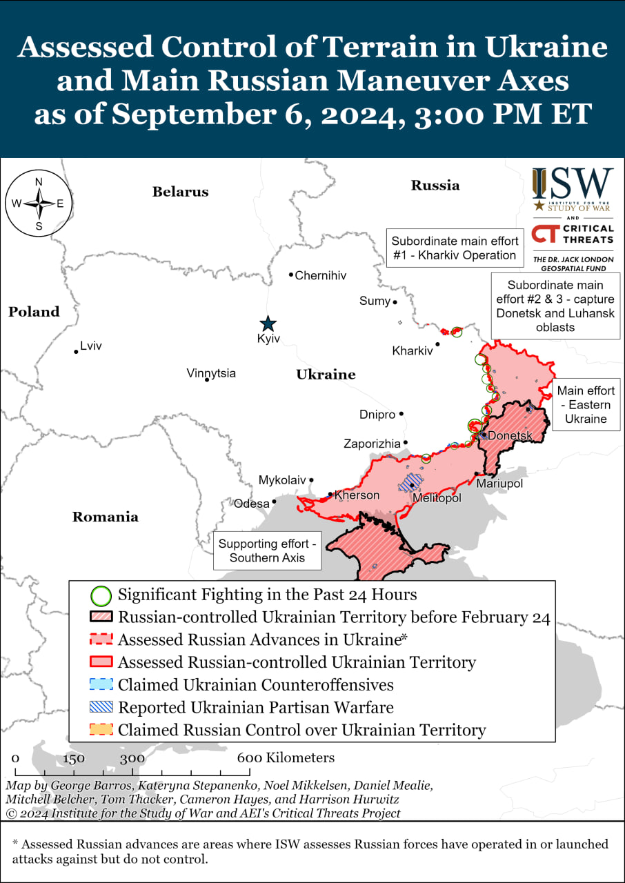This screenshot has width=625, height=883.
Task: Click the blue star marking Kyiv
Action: point(267,324)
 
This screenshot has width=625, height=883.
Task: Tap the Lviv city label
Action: point(91,346)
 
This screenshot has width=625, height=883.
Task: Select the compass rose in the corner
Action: point(39,204)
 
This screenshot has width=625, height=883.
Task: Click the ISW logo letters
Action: point(573,183)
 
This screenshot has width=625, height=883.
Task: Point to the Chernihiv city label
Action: point(321,275)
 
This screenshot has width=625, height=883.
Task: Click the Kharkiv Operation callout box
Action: point(454,248)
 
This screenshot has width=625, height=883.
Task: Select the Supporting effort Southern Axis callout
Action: point(267,550)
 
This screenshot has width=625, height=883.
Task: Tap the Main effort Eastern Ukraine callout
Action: point(586,405)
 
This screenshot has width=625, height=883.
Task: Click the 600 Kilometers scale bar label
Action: point(286,757)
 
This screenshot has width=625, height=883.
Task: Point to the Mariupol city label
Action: point(499,484)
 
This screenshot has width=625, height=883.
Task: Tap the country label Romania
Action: point(106,517)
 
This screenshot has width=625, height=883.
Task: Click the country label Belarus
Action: point(180,192)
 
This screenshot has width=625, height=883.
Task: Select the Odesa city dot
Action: point(275,502)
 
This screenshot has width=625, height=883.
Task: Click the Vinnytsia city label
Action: point(211,373)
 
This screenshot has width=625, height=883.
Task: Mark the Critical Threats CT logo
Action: point(546,234)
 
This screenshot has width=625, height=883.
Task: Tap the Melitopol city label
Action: point(436,497)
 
